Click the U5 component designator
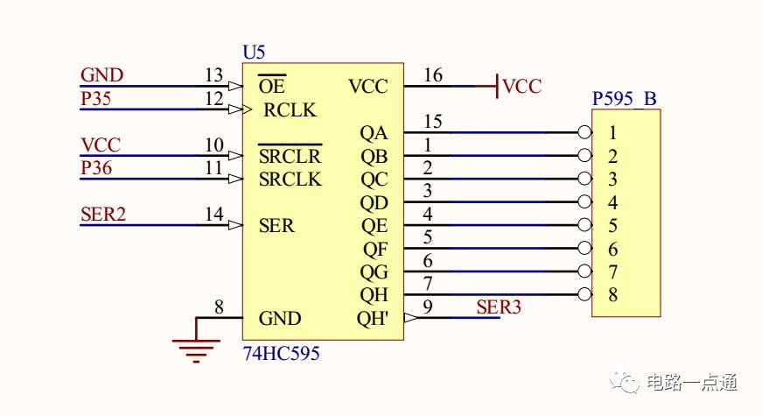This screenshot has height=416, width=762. pos(254,52)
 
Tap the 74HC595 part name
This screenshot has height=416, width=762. pos(282,353)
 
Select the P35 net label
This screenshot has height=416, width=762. pos(95,98)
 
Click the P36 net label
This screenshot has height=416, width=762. pos(96,168)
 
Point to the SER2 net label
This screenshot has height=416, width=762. pos(103,214)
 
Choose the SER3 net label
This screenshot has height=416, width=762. pos(499,307)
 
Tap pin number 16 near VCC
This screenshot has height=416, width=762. pos(433,75)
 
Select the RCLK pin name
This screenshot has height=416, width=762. pos(290,110)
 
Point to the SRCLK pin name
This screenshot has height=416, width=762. pos(290,180)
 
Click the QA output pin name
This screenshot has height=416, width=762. pos(374,133)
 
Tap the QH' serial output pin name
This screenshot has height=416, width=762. pos(373,318)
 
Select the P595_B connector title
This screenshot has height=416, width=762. pos(625,99)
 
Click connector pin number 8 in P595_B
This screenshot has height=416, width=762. pos(612,294)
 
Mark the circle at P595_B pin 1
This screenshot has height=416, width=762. pos(584,132)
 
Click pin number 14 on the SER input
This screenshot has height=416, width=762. pos(213,214)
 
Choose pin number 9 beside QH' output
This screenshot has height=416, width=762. pos(428,307)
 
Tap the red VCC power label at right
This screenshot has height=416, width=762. pos(522,87)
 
